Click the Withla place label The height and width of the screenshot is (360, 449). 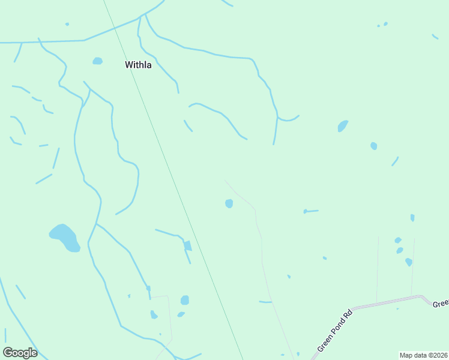tap(138, 65)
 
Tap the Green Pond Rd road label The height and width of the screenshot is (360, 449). tap(334, 330)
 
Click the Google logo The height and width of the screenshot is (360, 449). tap(20, 353)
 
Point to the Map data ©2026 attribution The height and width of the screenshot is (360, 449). tap(423, 355)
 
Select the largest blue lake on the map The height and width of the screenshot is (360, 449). tap(64, 238)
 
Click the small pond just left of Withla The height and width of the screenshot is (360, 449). tap(97, 61)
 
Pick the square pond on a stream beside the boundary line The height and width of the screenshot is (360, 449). tap(188, 245)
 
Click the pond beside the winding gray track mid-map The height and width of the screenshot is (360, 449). tap(229, 204)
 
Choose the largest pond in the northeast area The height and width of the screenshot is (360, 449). tap(343, 126)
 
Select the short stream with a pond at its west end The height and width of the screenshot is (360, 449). tap(312, 211)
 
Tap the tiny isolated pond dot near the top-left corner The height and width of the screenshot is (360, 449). tap(67, 24)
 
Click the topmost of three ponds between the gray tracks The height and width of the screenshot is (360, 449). tap(398, 240)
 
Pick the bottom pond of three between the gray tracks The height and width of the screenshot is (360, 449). tap(409, 262)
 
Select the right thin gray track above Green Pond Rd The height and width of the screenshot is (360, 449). tap(413, 267)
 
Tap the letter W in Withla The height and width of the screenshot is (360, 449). tap(128, 65)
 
